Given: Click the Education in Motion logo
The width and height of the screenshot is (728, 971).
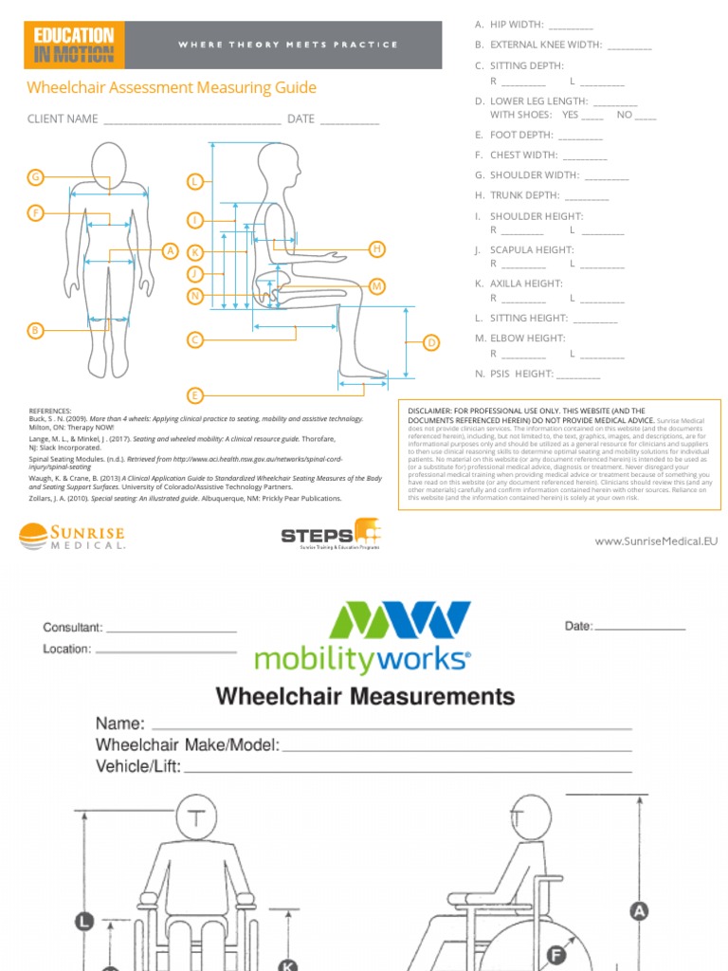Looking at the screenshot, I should tap(74, 45).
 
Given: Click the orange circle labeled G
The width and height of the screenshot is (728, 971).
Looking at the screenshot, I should tap(35, 177).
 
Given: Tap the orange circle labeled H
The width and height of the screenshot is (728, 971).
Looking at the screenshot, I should tap(376, 248).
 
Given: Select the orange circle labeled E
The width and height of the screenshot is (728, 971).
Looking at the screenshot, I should tap(195, 394).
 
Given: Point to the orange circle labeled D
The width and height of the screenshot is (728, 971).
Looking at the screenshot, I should tap(430, 342).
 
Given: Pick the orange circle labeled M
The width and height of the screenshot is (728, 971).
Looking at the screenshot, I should tap(376, 285).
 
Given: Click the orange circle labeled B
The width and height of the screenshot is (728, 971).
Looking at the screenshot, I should tap(35, 330).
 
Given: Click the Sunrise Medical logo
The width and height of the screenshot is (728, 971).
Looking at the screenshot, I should tap(71, 537).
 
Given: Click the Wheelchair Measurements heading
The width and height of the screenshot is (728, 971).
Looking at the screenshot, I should tap(365, 696).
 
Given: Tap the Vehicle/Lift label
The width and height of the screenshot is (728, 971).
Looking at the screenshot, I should tap(137, 766).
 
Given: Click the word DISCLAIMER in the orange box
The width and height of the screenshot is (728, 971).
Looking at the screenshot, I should tap(435, 411).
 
